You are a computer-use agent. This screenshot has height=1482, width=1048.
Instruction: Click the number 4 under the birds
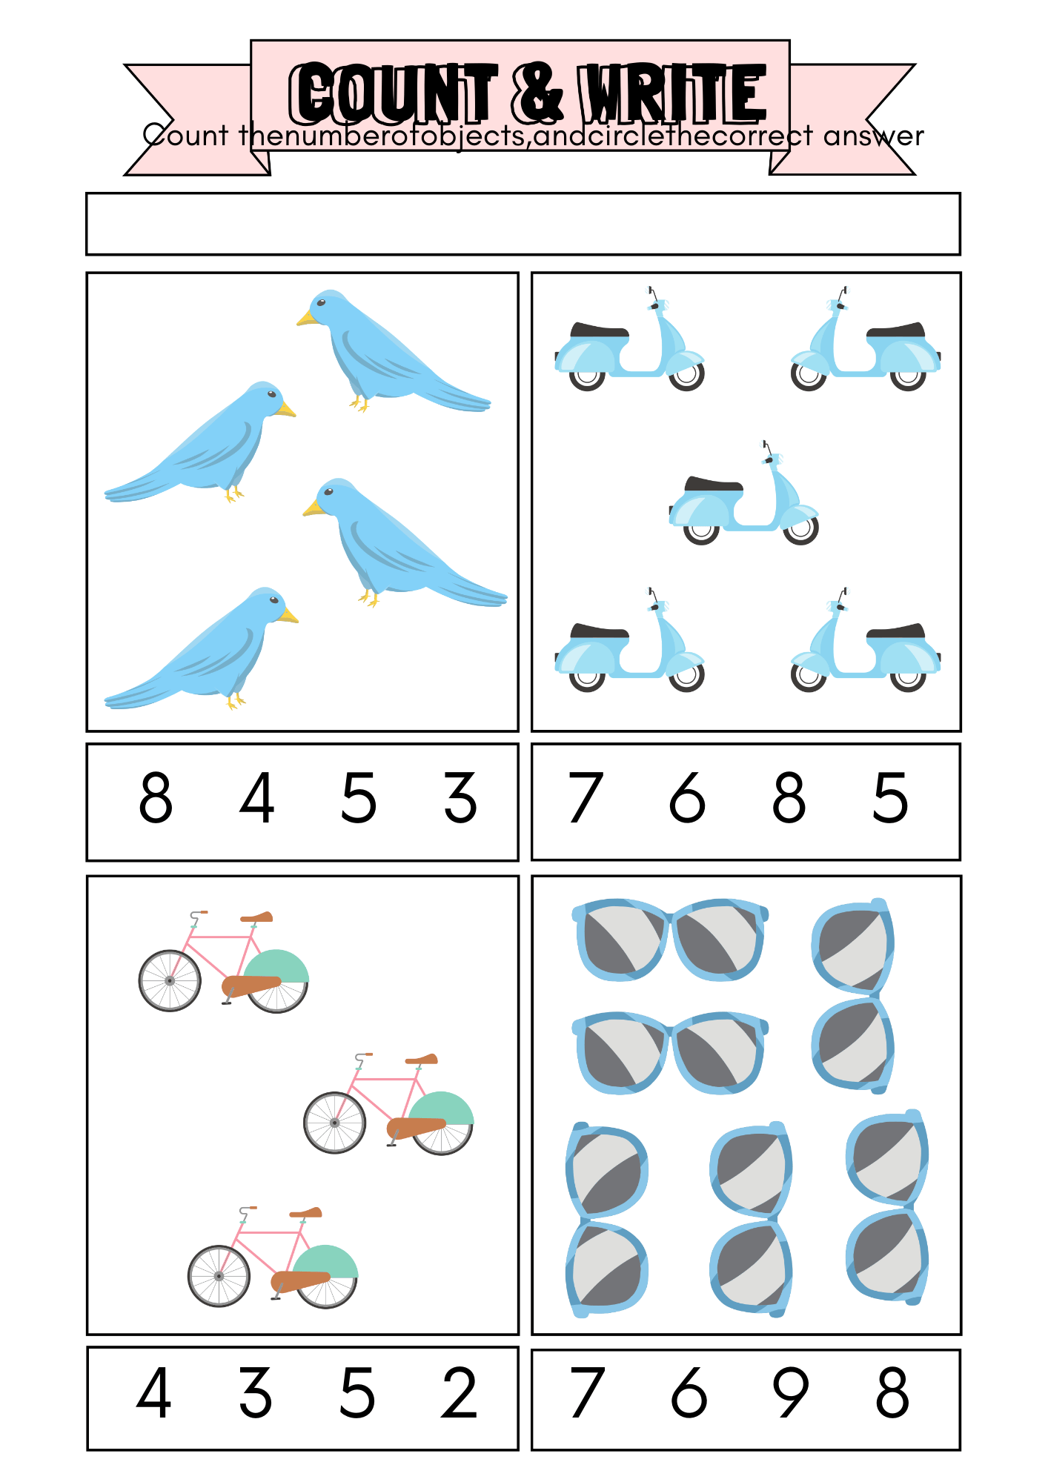[x=257, y=798]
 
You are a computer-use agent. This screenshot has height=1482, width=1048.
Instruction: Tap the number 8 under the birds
[x=156, y=798]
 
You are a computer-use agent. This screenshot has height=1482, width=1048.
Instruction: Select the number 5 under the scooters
[x=890, y=798]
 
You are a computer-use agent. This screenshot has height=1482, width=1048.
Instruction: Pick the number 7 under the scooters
[x=586, y=798]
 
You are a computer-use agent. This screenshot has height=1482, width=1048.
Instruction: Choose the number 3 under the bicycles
[x=256, y=1393]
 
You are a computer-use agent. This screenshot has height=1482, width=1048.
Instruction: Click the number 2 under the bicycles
[x=459, y=1393]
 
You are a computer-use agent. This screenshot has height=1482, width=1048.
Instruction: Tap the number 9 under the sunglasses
[x=790, y=1393]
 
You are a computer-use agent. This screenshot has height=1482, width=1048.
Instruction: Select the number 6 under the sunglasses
[x=689, y=1393]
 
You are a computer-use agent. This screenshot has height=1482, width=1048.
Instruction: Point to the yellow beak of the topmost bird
[x=306, y=319]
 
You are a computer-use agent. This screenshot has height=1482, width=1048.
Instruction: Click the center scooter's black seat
[x=714, y=485]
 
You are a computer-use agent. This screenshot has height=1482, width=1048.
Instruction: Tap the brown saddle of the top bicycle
[x=257, y=917]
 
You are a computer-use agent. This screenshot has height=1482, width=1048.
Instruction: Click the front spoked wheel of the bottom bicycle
[x=219, y=1276]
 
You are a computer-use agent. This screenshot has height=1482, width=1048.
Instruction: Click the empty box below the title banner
[x=523, y=224]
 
